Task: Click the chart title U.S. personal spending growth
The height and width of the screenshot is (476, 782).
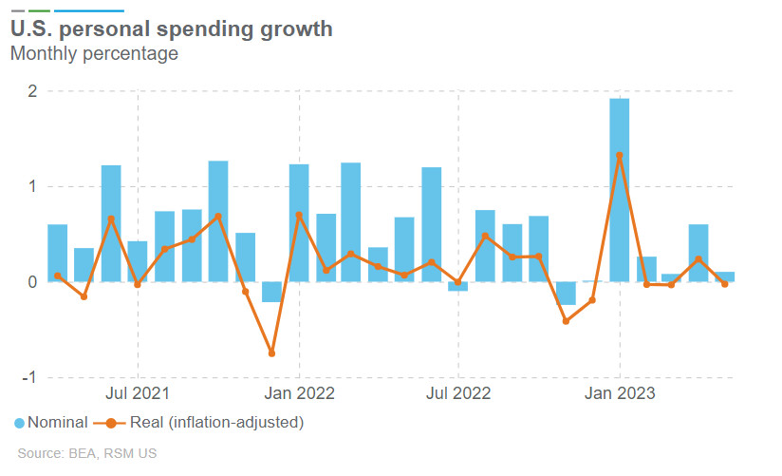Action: (x=171, y=29)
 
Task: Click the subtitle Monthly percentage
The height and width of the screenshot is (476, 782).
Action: (x=94, y=53)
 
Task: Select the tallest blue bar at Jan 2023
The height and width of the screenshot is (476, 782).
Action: (x=620, y=190)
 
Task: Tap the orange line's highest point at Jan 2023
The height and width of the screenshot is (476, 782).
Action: (x=620, y=155)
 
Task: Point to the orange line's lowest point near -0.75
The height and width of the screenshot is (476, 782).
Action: (x=271, y=353)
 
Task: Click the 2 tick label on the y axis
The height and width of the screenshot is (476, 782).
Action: (x=31, y=91)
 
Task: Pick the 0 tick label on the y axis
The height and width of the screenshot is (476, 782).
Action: (x=31, y=282)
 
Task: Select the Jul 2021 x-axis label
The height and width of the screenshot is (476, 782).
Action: (x=138, y=392)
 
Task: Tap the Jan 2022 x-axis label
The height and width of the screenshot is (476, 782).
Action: (x=299, y=392)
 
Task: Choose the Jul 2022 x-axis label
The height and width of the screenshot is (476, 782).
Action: (x=458, y=392)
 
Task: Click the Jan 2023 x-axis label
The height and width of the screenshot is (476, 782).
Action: (x=620, y=392)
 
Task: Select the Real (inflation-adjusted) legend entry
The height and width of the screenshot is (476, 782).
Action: (x=205, y=422)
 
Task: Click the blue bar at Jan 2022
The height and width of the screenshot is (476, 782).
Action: (x=299, y=223)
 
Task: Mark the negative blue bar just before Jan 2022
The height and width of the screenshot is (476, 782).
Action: (x=271, y=292)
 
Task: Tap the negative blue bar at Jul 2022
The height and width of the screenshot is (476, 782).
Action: (x=458, y=286)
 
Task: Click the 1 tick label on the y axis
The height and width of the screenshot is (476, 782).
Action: (x=31, y=186)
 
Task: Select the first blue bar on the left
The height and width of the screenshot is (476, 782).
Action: (x=57, y=253)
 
